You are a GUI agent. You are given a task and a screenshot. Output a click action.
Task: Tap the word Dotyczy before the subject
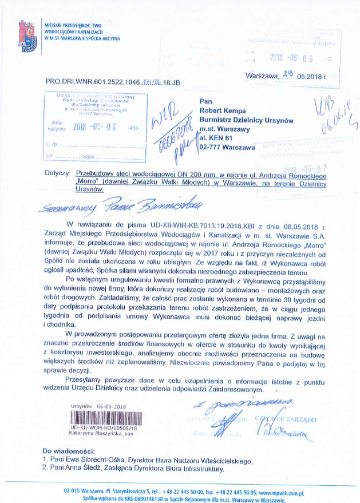tap(57, 172)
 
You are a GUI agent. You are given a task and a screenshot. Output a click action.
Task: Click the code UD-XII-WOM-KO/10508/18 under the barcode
tap(104, 427)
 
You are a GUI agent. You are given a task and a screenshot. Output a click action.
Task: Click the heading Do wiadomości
tap(64, 451)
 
